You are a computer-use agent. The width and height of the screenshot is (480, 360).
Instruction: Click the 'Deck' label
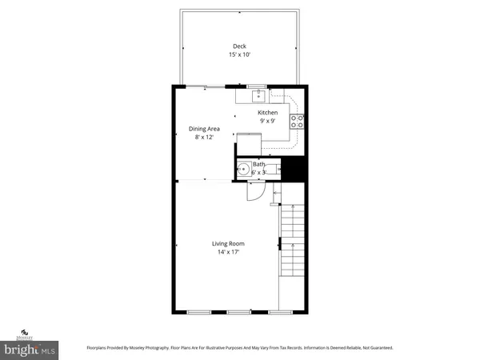coord(239,46)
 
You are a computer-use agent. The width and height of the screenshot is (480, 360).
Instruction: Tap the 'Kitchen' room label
coord(267,113)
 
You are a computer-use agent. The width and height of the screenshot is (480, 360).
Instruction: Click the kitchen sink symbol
coord(258,96)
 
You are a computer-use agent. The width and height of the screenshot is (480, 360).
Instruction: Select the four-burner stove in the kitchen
coord(296,122)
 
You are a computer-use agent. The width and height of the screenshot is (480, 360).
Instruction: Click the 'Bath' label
coord(258,164)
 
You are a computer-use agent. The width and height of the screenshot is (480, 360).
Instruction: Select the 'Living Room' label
coord(228,243)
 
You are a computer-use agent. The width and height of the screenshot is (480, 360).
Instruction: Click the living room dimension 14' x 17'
coord(228,252)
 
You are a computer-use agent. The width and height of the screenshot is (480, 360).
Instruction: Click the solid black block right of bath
coord(297,169)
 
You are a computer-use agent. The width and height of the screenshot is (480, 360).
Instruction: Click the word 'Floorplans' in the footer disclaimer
coord(103,348)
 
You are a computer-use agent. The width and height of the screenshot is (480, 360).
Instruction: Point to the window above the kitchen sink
coord(255,85)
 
